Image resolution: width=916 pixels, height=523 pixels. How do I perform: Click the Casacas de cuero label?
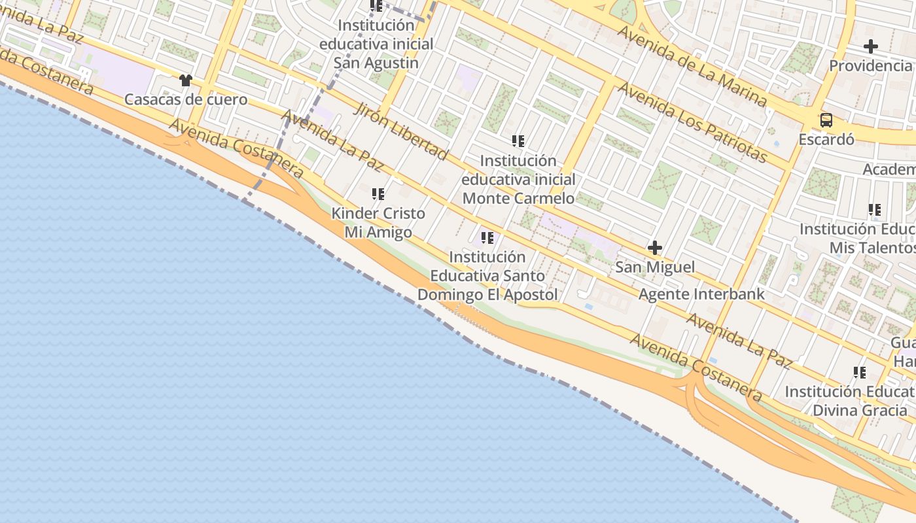[186, 99]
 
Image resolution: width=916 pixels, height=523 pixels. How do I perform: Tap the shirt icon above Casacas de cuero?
[186, 80]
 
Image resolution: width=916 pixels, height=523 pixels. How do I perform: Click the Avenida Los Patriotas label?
[692, 122]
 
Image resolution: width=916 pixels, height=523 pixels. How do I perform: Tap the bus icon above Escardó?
[826, 120]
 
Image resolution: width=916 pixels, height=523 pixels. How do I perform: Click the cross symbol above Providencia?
[870, 46]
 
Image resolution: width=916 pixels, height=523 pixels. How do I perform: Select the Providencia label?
[870, 65]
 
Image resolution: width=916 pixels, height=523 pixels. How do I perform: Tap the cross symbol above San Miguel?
[655, 248]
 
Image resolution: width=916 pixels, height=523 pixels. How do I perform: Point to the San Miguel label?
[655, 267]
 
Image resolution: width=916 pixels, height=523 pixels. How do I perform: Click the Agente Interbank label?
[701, 294]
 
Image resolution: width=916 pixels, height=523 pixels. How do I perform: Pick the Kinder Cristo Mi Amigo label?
[378, 222]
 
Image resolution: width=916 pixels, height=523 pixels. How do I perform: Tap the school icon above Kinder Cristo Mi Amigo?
[378, 194]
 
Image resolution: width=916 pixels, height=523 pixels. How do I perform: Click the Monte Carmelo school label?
[518, 179]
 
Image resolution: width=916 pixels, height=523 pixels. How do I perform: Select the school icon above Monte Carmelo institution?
[518, 141]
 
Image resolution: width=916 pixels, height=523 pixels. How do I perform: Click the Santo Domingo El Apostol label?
[487, 276]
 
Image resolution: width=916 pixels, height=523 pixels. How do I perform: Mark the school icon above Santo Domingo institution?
[487, 238]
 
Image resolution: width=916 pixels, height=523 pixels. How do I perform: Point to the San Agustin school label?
[376, 44]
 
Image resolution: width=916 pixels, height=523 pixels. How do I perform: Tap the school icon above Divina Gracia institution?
[860, 373]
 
